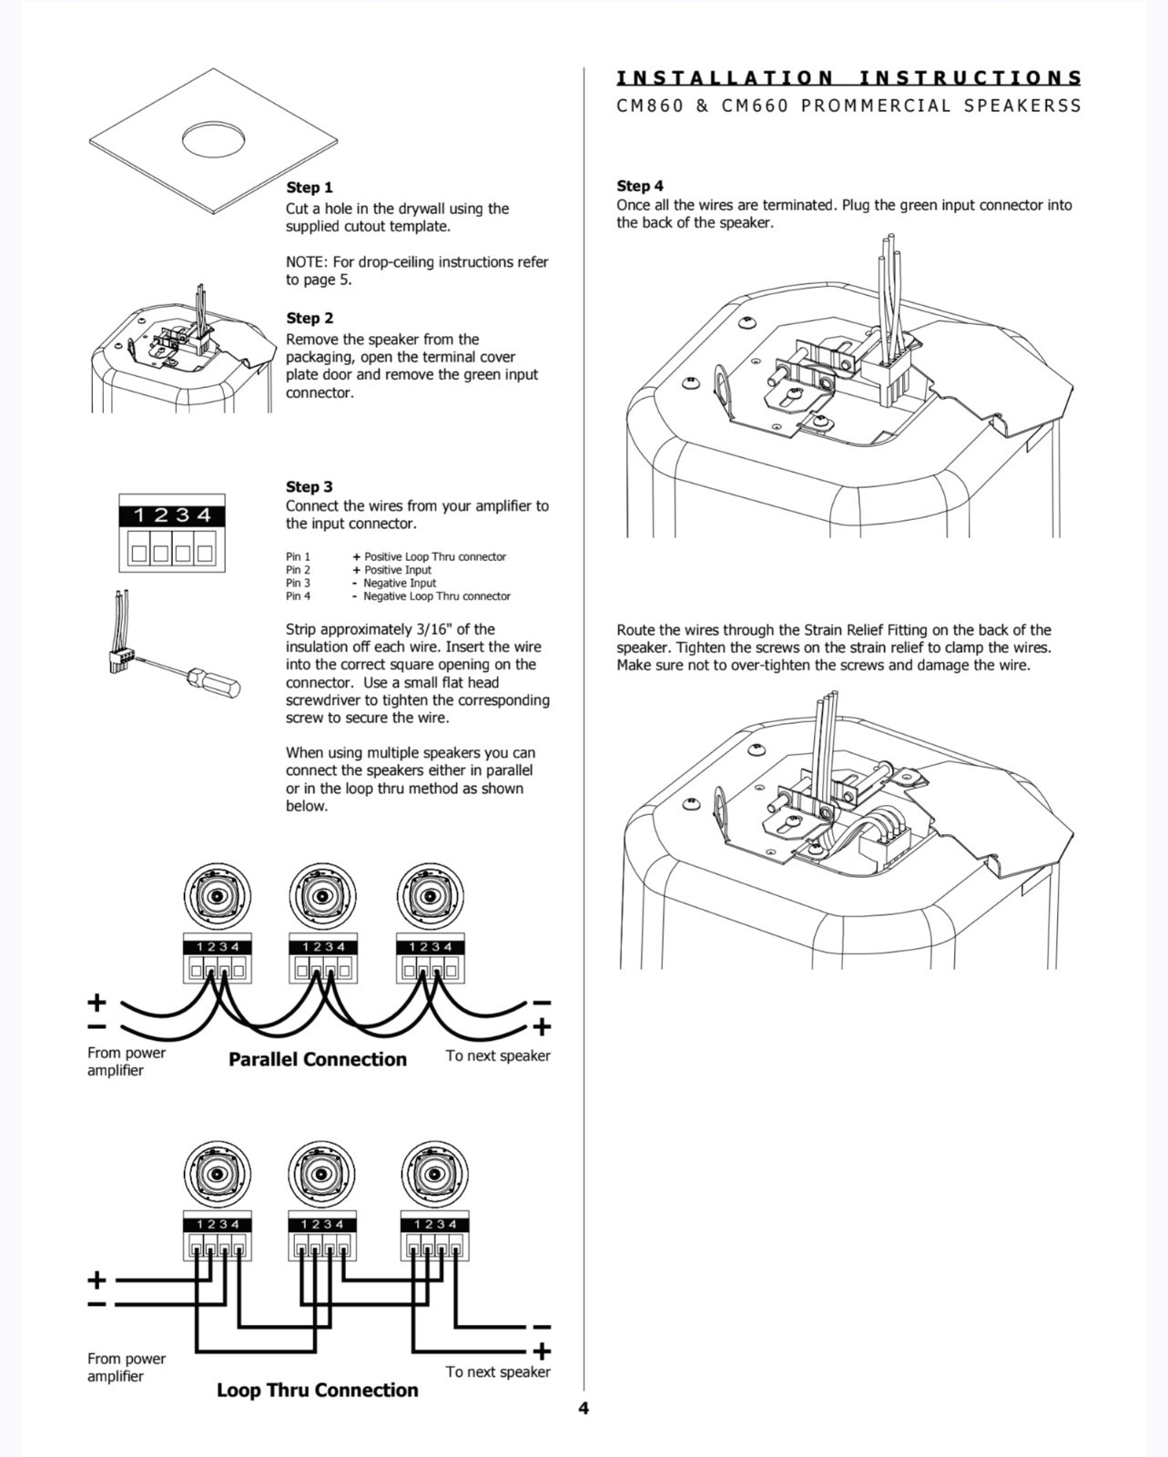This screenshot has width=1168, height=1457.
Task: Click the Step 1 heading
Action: tap(310, 188)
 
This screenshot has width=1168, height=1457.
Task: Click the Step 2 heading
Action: tap(310, 318)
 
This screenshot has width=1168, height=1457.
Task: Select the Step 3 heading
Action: tap(310, 486)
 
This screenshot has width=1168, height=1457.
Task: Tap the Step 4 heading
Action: tap(640, 186)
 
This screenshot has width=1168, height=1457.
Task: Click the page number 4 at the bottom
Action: tap(584, 1408)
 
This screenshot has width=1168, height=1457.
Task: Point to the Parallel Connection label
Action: tap(317, 1059)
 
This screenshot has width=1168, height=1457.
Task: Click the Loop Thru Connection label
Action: tap(317, 1390)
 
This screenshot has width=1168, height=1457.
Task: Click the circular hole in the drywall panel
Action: tap(215, 139)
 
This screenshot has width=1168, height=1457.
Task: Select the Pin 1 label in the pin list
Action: tap(298, 556)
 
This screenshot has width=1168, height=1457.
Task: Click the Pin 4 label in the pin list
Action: tap(298, 596)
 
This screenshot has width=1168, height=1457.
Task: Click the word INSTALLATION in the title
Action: tap(725, 78)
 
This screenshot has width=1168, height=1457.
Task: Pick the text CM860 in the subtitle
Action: tap(649, 106)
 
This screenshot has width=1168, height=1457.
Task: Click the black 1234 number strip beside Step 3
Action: tap(172, 515)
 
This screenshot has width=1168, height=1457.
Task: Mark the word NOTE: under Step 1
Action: tap(306, 262)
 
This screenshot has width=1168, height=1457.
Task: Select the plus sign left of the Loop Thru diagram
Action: tap(96, 1279)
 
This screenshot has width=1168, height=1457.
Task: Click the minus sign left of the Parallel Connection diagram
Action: tap(96, 1027)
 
